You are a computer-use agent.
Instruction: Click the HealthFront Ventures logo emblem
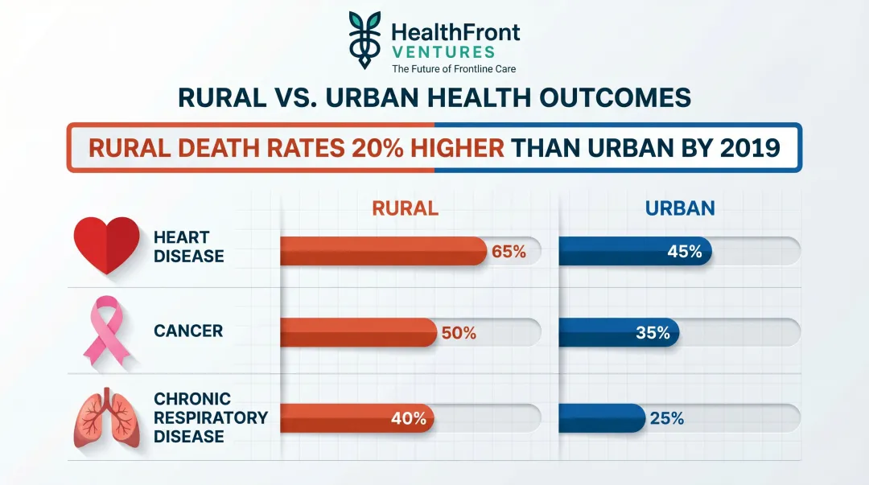(x=366, y=40)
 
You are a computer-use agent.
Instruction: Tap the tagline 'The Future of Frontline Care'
(x=453, y=69)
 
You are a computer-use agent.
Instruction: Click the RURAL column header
(x=405, y=208)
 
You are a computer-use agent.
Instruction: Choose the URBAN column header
(x=680, y=208)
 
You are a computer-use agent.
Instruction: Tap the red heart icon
(x=106, y=246)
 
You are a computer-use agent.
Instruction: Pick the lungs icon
(x=105, y=417)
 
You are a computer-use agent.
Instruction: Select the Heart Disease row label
(x=188, y=247)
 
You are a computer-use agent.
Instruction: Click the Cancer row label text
(x=188, y=331)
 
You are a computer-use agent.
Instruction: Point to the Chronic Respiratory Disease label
(x=210, y=417)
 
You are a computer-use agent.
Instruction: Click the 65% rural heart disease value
(x=509, y=252)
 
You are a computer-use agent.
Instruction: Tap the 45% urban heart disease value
(x=685, y=252)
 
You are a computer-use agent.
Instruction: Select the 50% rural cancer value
(x=459, y=332)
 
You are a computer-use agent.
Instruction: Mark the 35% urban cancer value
(x=653, y=332)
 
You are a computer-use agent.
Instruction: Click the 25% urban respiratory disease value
(x=666, y=418)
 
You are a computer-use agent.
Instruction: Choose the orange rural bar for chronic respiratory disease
(x=338, y=418)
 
